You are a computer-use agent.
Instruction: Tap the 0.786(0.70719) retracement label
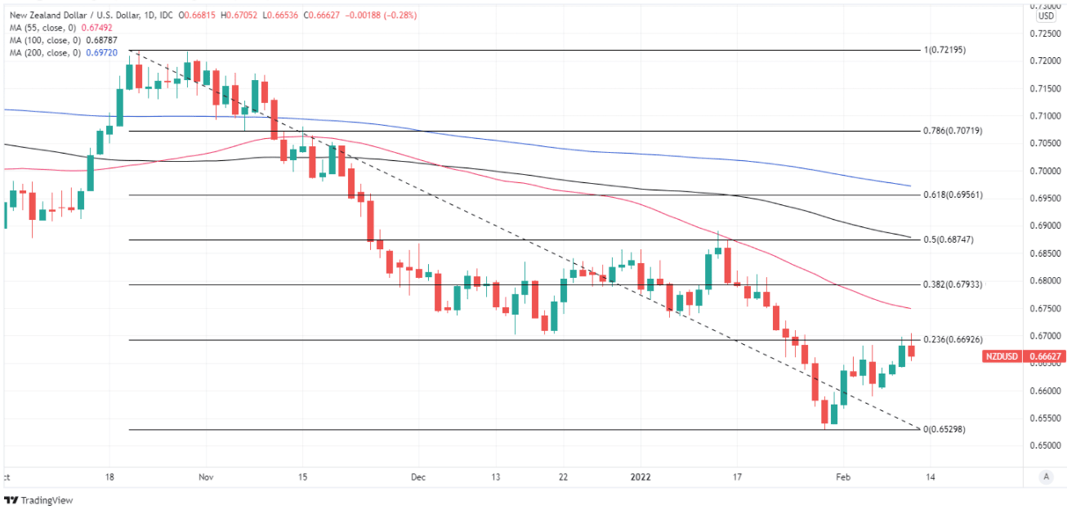(x=952, y=131)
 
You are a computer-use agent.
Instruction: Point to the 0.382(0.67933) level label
(x=952, y=284)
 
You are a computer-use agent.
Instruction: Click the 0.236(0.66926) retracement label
(x=952, y=339)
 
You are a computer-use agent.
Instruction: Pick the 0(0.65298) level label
(x=944, y=429)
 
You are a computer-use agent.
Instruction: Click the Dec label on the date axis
(x=418, y=476)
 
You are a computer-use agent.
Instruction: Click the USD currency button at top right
(x=1046, y=16)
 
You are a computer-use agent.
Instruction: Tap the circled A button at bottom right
(x=1045, y=476)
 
